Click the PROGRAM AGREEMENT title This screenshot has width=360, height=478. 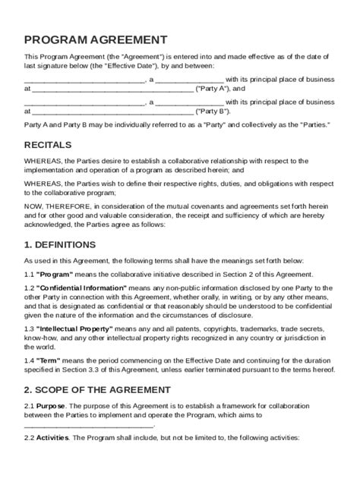point(96,40)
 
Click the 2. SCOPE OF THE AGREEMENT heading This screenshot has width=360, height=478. point(96,389)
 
